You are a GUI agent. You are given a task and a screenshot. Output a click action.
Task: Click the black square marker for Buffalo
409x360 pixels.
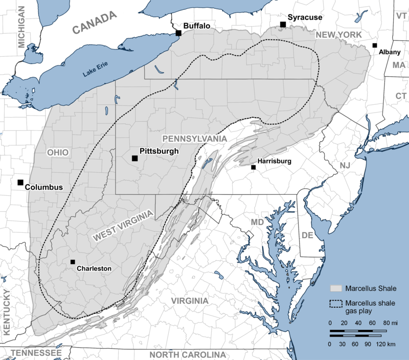pos(178,33)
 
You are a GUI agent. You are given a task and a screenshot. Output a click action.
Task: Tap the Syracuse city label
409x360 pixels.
pos(305,17)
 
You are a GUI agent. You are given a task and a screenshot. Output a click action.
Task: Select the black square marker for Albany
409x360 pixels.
pos(375,46)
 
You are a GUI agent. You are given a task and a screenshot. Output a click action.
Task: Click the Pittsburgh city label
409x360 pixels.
pos(159,151)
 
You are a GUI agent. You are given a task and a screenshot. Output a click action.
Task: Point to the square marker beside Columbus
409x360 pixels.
pos(20,182)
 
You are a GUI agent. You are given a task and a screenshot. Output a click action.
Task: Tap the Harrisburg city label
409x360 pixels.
pos(274,161)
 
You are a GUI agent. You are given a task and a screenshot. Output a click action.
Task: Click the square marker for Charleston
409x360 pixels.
pos(73,262)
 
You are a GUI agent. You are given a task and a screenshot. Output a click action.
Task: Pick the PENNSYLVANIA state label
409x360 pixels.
pos(194,139)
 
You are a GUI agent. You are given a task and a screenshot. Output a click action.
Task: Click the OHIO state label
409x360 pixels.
pos(57,152)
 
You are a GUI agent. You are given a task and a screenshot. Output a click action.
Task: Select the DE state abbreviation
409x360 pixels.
pos(307,235)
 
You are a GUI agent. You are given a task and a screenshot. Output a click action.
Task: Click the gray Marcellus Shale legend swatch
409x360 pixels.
pos(336,288)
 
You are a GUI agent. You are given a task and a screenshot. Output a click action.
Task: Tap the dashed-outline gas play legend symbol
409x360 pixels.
pos(336,303)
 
